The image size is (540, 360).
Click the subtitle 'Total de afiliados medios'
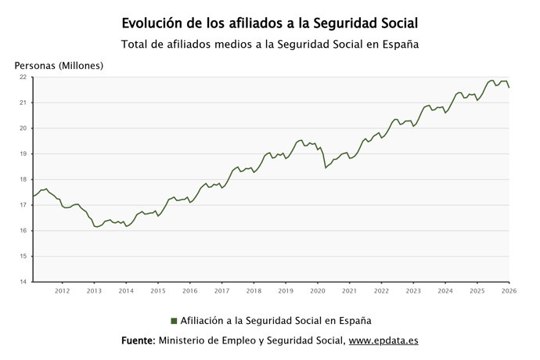point(270,44)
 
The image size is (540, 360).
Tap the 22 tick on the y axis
point(23,77)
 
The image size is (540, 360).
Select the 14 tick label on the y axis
point(23,282)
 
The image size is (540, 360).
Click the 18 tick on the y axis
point(23,179)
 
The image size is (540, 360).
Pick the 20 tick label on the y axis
point(23,128)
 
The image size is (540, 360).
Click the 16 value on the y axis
point(23,231)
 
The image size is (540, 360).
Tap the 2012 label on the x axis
point(63,291)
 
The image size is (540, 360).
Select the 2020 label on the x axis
point(318,291)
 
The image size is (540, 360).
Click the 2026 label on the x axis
point(508,291)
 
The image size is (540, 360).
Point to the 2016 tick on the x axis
point(190,291)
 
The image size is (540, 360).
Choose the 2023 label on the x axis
point(413,291)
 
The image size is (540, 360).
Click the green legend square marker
point(174,320)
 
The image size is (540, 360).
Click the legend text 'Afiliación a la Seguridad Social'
point(275,320)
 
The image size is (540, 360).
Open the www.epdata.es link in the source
point(383,341)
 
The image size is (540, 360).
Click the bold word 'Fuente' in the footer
point(138,341)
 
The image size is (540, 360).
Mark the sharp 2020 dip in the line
point(326,167)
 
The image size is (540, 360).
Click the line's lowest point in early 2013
point(96,227)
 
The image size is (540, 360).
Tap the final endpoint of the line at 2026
point(509,88)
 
